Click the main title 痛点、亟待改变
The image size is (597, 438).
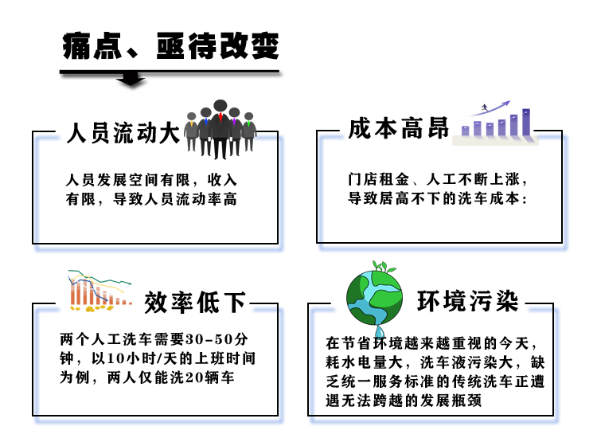tap(171, 46)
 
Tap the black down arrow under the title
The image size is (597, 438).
tap(131, 79)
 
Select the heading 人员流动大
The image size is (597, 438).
tap(123, 133)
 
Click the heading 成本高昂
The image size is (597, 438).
tap(399, 128)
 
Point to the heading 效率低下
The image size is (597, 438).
tap(195, 302)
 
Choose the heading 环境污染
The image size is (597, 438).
tap(468, 301)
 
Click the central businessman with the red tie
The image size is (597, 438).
tap(220, 129)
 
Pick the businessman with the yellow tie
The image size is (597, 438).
tap(191, 131)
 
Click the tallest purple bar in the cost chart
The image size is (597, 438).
tap(526, 123)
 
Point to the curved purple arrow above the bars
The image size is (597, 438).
tap(490, 108)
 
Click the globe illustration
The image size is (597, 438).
tap(375, 298)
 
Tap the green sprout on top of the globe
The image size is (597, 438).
tap(384, 266)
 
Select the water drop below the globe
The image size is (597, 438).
tap(380, 332)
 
